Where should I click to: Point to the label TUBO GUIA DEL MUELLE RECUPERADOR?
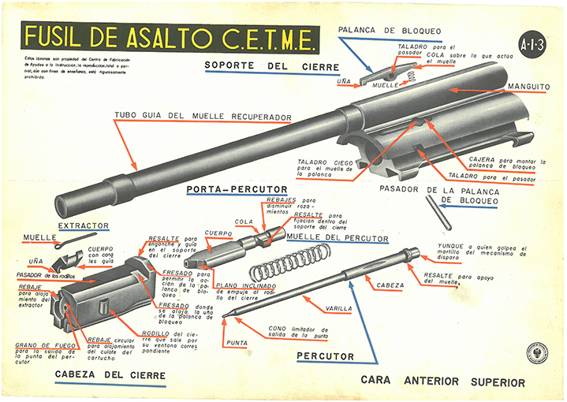click(x=203, y=117)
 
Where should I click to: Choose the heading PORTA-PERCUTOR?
click(x=226, y=190)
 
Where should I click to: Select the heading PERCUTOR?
click(x=325, y=356)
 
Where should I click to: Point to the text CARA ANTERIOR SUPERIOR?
click(x=442, y=382)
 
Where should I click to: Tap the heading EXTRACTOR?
click(x=84, y=225)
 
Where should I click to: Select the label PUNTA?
click(x=238, y=342)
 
